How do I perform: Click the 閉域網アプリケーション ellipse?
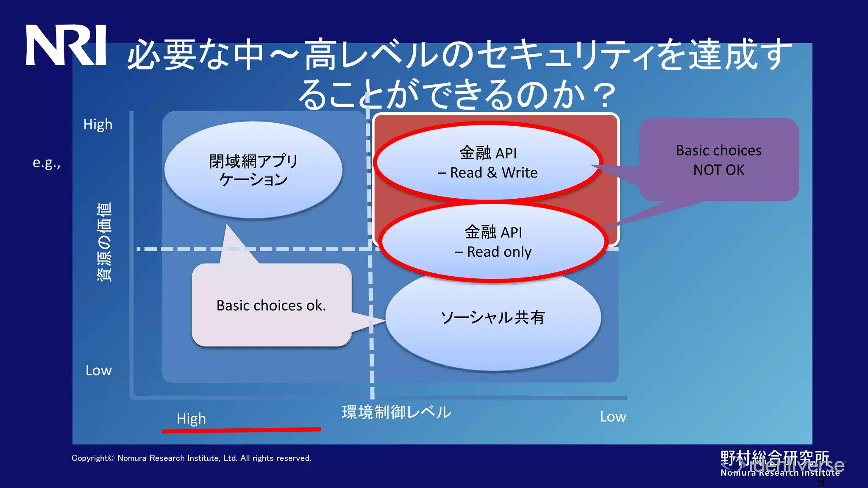point(253,170)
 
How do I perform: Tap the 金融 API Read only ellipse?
point(493,242)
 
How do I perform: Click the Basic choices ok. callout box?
point(271,305)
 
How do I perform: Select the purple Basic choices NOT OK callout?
point(719,160)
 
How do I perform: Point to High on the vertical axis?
point(97,125)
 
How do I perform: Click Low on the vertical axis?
point(98,370)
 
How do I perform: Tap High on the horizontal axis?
point(191,419)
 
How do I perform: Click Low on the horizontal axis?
point(612,417)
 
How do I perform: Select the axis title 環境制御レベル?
point(396,412)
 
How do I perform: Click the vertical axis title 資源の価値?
point(104,241)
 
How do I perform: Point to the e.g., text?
point(47,163)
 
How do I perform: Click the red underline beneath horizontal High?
point(242,430)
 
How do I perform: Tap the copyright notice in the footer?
point(191,458)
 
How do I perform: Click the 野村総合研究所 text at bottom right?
point(775,458)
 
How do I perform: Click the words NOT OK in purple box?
point(718,170)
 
